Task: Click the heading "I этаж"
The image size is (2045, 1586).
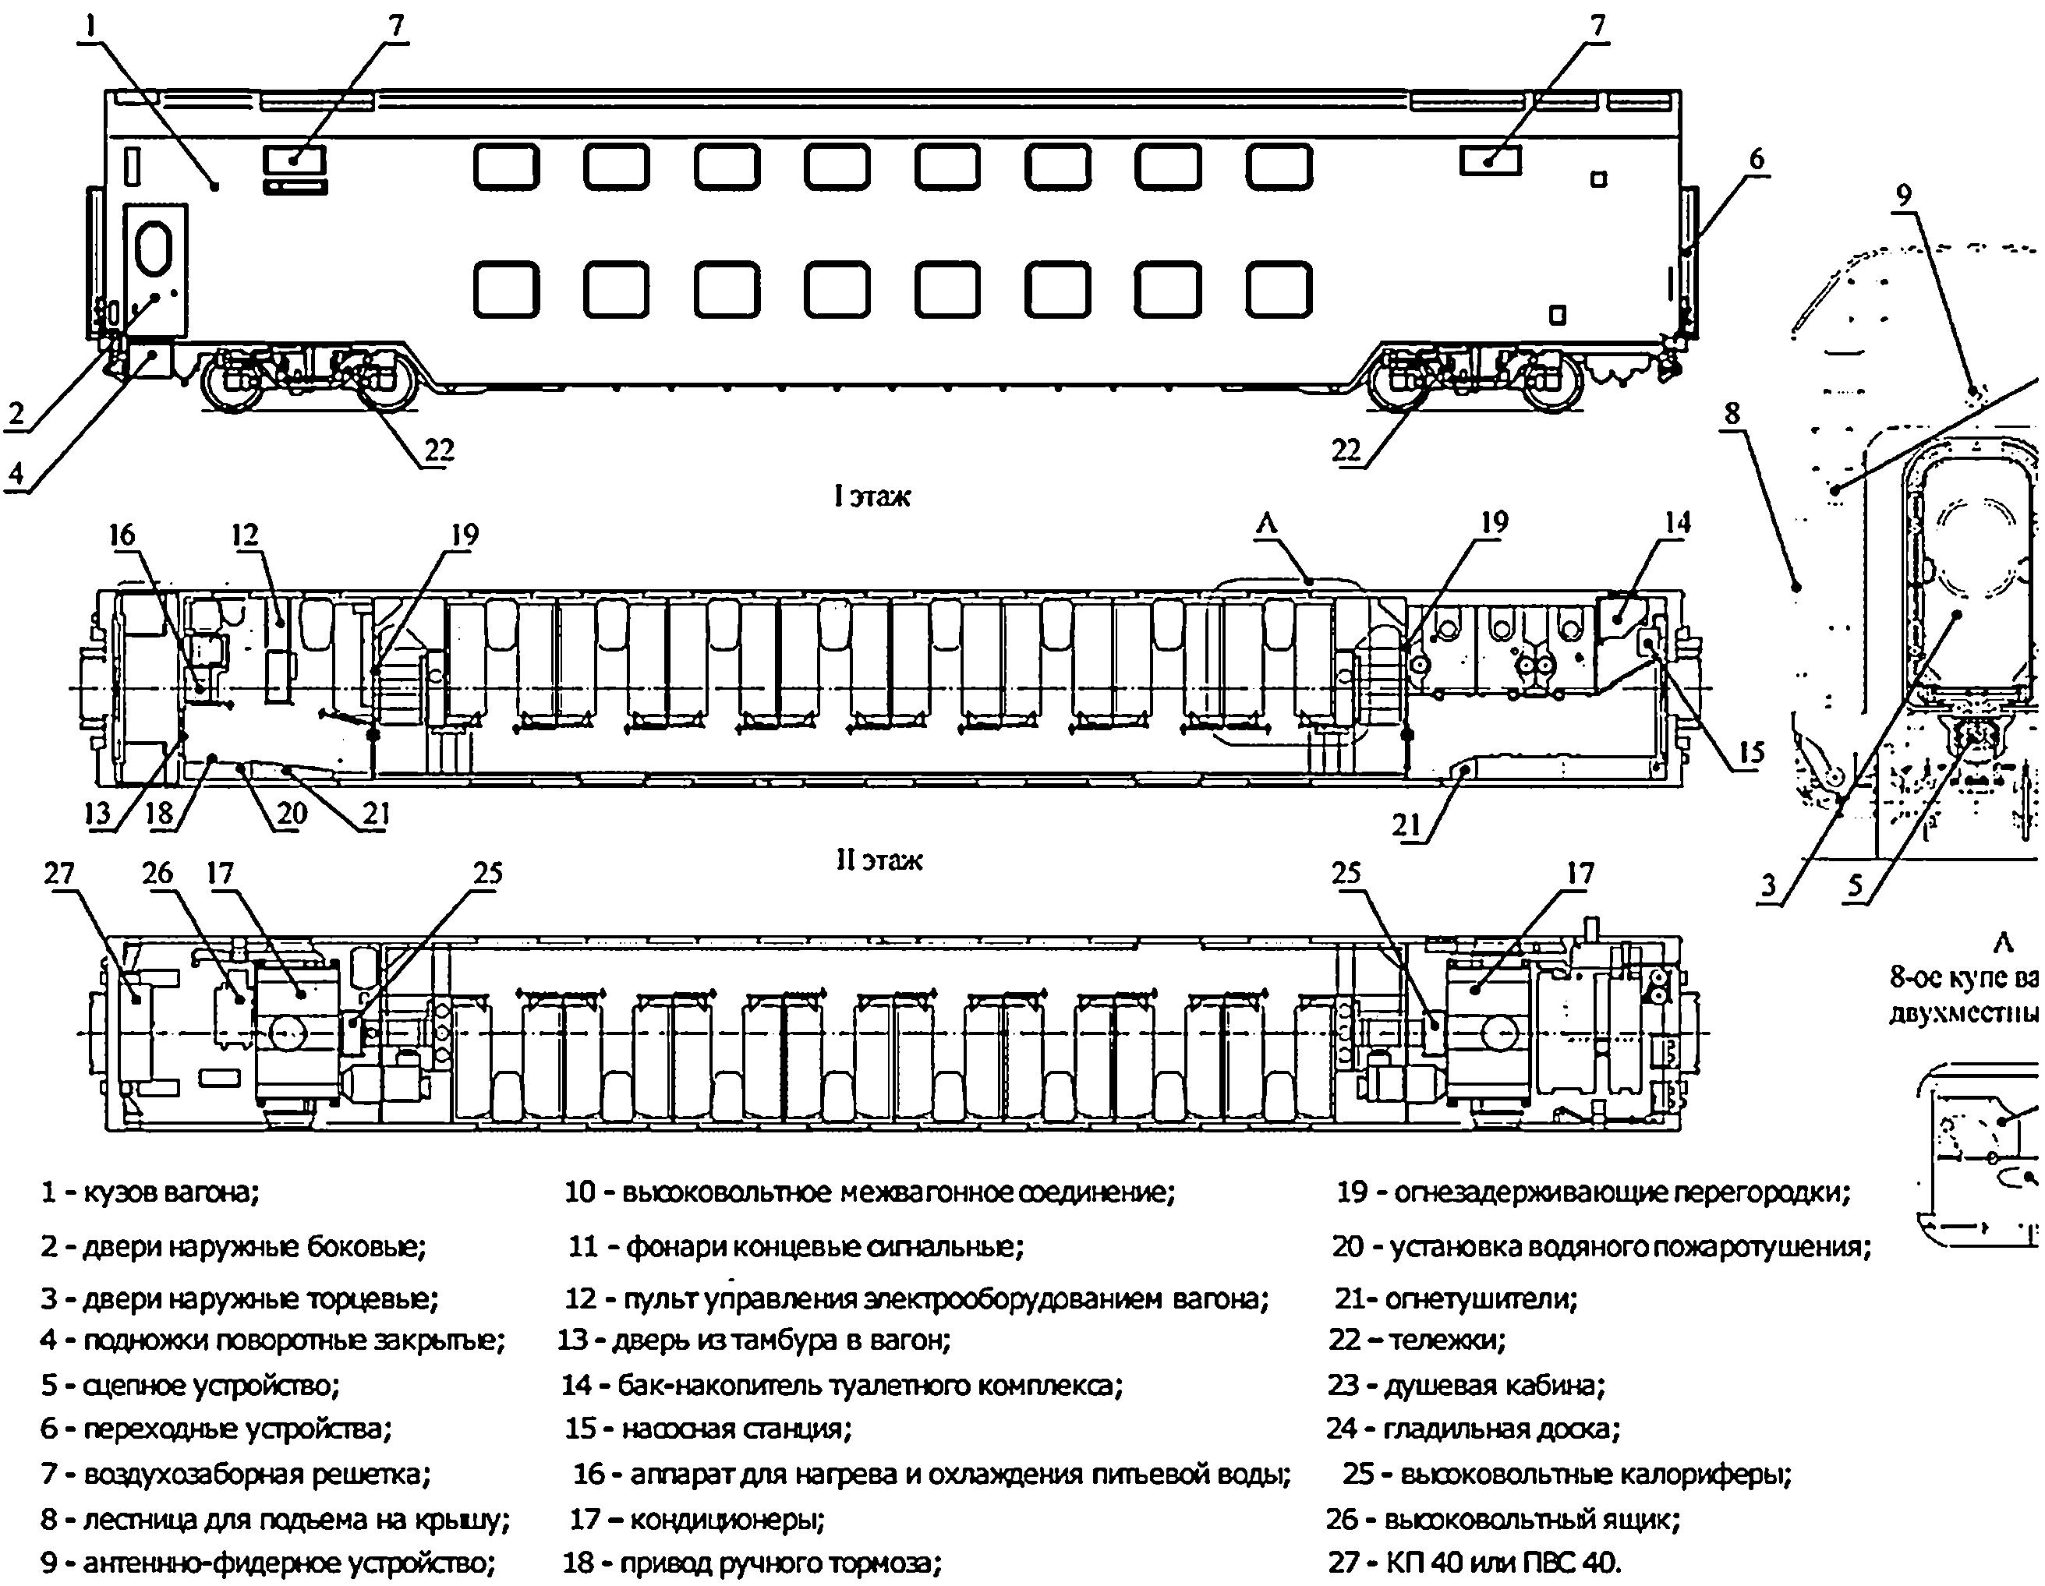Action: click(x=872, y=495)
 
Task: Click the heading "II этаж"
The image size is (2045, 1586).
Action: click(x=879, y=860)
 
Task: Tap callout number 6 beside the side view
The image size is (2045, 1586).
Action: click(x=1756, y=160)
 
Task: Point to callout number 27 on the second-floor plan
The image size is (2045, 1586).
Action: click(x=59, y=874)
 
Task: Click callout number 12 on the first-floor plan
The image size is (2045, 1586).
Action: click(x=246, y=535)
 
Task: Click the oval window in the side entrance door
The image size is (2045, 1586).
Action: click(x=154, y=247)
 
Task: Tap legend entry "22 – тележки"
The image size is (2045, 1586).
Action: click(x=1417, y=1340)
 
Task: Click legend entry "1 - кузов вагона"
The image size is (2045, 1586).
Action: click(x=150, y=1192)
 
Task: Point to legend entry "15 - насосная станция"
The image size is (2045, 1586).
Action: click(x=708, y=1428)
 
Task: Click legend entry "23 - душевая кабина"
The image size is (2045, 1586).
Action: click(x=1467, y=1384)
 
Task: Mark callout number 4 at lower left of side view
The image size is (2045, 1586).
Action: click(x=16, y=474)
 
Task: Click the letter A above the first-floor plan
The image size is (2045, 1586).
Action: click(x=1266, y=525)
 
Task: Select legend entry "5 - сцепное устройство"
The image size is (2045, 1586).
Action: click(x=190, y=1384)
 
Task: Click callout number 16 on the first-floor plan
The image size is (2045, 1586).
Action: click(x=122, y=535)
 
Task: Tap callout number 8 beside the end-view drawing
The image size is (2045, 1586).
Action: click(x=1732, y=413)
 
